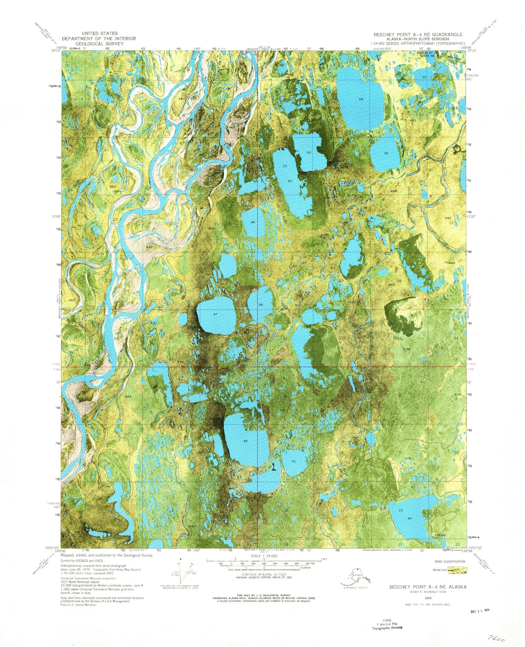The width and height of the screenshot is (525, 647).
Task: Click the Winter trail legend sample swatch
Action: click(457, 570)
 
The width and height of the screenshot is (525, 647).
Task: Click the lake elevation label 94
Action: click(409, 518)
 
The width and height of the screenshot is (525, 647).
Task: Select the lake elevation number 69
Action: click(245, 441)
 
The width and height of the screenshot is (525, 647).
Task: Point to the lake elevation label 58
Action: click(361, 99)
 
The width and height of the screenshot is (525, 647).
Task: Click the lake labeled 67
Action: click(215, 314)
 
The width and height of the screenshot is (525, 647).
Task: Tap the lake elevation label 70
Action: click(293, 462)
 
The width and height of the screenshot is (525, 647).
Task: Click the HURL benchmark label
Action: click(325, 235)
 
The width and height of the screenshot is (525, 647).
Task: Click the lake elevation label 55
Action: click(386, 153)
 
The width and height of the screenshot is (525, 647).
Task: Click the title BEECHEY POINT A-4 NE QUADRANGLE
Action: click(418, 34)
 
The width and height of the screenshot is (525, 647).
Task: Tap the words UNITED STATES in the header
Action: click(99, 33)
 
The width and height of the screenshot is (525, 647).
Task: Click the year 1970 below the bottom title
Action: click(428, 598)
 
